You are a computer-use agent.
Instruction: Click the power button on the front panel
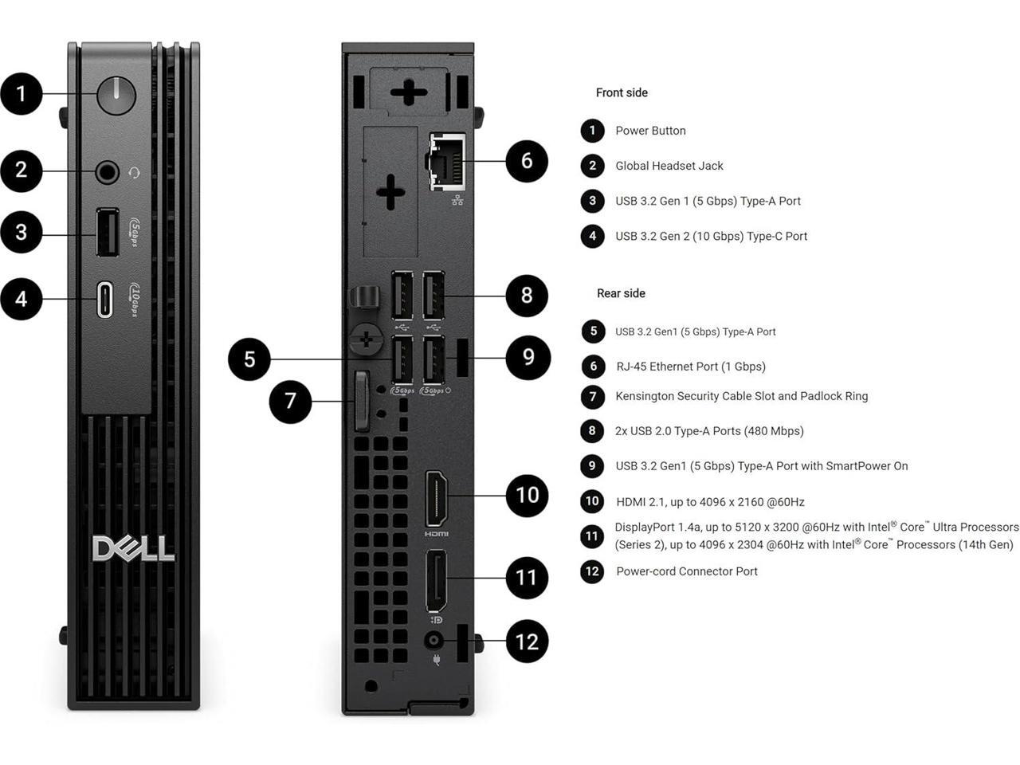[116, 95]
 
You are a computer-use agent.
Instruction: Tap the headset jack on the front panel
[107, 172]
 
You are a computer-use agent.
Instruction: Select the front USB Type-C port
[104, 300]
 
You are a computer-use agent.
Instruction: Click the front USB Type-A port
[107, 233]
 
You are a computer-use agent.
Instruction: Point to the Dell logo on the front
[133, 548]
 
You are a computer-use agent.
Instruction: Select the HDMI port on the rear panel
[436, 499]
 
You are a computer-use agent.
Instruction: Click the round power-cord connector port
[434, 641]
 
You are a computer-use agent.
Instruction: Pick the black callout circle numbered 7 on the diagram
[290, 400]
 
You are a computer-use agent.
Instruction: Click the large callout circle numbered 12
[527, 641]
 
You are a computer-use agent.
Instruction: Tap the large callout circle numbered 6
[527, 161]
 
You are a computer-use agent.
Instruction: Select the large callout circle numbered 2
[22, 170]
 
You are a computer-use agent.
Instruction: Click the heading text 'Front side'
[622, 92]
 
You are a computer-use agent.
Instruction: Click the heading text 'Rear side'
[621, 293]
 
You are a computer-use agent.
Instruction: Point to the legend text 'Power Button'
[650, 131]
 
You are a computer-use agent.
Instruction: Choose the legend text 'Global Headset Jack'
[669, 166]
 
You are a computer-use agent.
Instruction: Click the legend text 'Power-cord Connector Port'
[687, 571]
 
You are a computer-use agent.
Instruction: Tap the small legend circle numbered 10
[592, 501]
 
